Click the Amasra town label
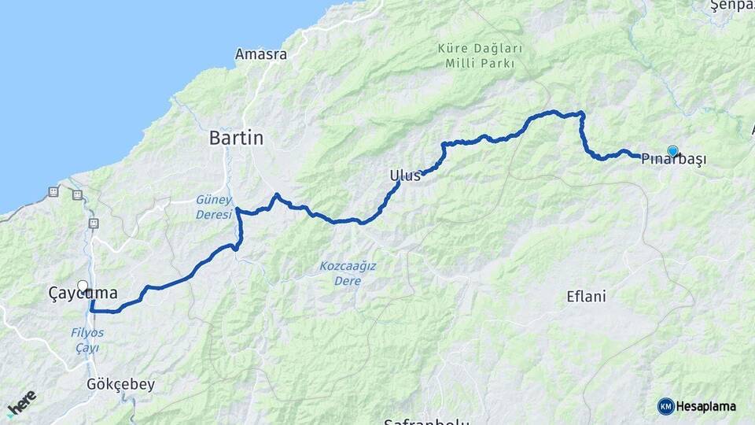pos(261,55)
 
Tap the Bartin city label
pos(236,139)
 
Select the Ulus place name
pos(405,176)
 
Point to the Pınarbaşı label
pos(673,159)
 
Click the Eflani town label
pos(586,297)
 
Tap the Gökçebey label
pos(121,385)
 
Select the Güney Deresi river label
pos(213,207)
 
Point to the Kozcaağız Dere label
pos(347,273)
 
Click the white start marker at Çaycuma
pos(83,286)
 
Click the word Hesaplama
pos(706,407)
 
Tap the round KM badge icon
pos(665,406)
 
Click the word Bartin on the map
pos(236,139)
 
